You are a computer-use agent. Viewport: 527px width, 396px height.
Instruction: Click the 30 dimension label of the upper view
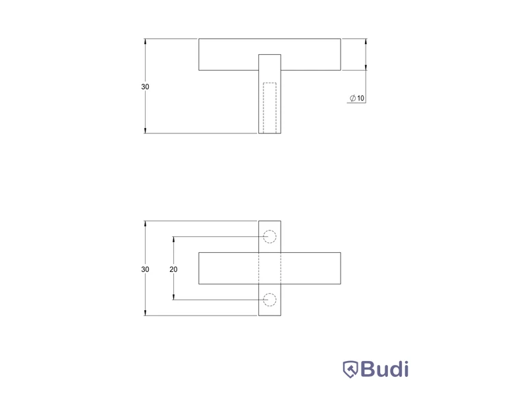(145, 86)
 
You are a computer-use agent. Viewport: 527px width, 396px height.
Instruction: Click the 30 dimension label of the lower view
(145, 269)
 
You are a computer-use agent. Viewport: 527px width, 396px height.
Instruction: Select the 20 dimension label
(173, 269)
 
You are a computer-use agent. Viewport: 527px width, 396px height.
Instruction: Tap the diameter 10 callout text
(357, 98)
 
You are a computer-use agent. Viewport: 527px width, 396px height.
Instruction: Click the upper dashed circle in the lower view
(269, 230)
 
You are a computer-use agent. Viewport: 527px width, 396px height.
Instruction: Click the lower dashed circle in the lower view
(269, 293)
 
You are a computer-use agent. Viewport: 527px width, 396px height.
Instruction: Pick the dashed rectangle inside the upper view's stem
(263, 108)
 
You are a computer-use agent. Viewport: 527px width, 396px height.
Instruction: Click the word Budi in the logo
(385, 369)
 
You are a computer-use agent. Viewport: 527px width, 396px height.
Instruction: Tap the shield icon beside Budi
(350, 370)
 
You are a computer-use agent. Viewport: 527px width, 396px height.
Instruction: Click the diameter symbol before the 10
(352, 98)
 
